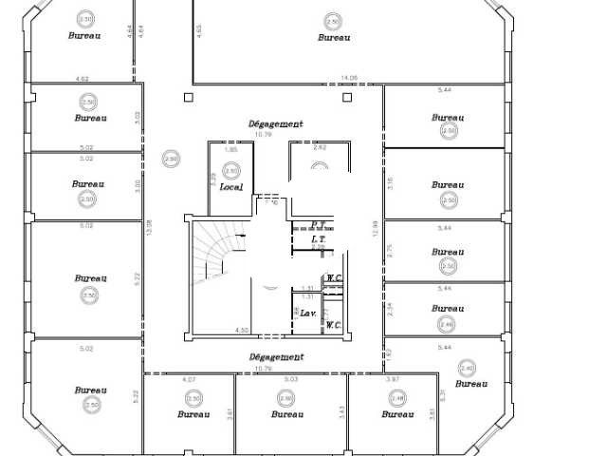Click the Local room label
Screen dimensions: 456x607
(x=230, y=187)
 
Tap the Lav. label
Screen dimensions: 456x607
(x=309, y=313)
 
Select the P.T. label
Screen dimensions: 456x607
(x=320, y=225)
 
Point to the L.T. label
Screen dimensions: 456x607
(x=319, y=240)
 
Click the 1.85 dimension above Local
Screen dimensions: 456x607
(x=230, y=150)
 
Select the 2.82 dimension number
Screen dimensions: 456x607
(x=319, y=148)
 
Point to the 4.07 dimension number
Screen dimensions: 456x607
(x=188, y=379)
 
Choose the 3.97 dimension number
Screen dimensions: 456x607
(x=394, y=379)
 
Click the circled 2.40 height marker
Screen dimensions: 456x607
(x=466, y=368)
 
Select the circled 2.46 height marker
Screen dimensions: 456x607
(x=448, y=324)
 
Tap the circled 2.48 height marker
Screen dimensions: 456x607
(x=397, y=398)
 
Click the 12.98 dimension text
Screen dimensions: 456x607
(x=148, y=229)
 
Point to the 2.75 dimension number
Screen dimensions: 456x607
(x=389, y=250)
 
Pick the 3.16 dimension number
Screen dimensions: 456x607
(x=389, y=183)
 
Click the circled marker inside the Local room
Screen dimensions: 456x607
(x=230, y=172)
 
